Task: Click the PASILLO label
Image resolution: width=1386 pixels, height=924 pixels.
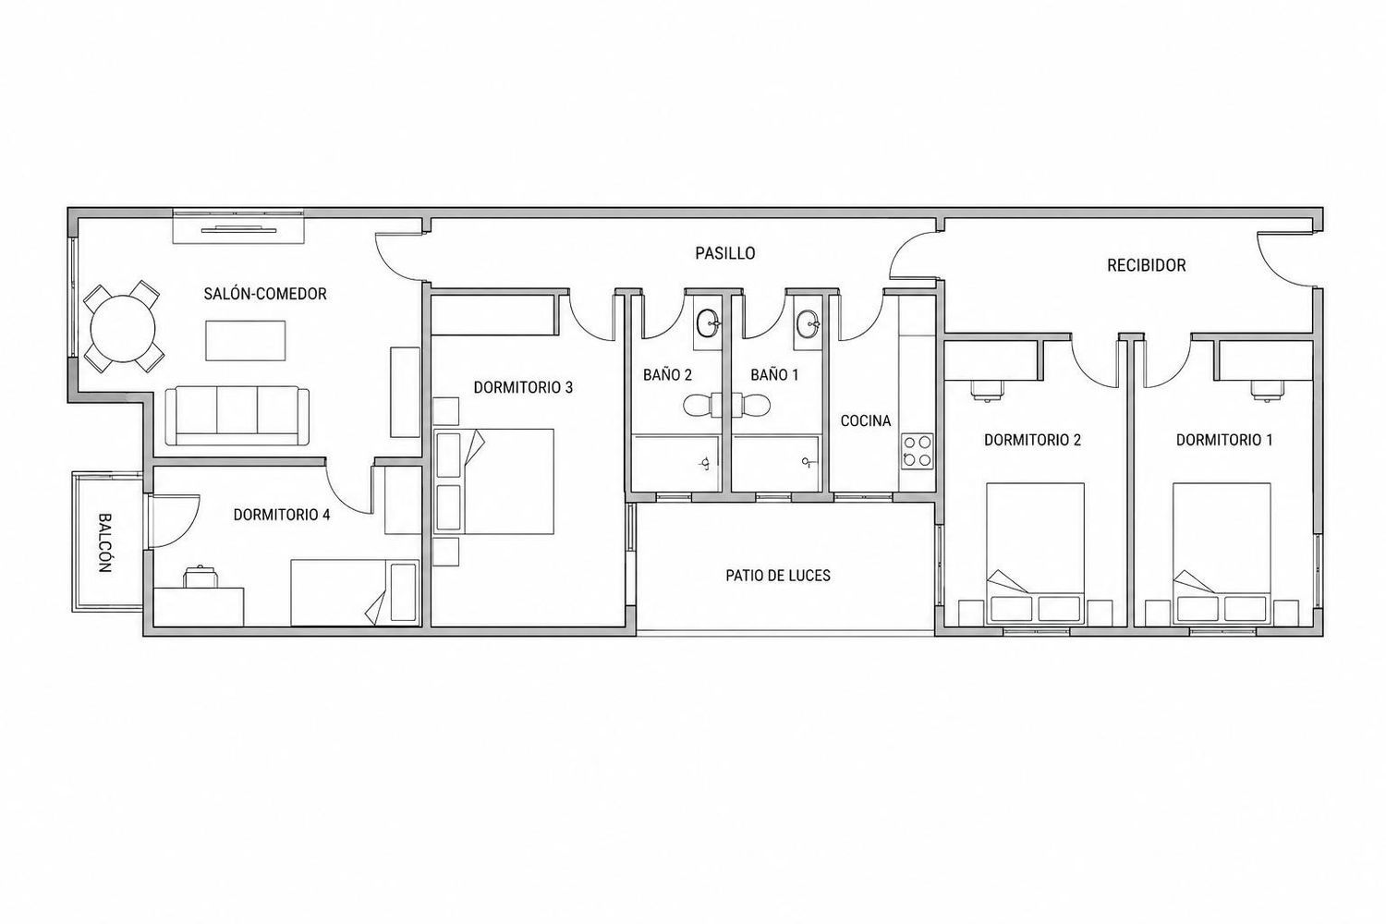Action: coord(725,253)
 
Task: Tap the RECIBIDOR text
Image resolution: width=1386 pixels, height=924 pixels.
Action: coord(1146,265)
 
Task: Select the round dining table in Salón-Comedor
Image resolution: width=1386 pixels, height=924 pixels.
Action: coord(123,329)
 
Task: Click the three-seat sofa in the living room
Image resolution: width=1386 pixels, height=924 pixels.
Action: coord(237,416)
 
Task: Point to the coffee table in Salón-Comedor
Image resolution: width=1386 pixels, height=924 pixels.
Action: coord(246,340)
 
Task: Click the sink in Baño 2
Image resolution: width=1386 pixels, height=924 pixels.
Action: coord(708,323)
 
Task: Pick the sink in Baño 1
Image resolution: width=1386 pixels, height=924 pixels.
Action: coord(808,323)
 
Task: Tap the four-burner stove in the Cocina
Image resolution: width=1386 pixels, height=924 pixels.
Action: coord(917,451)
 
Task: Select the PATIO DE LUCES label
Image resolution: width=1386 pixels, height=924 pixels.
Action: coord(778,576)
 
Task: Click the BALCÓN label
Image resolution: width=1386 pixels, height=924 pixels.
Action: coord(104,542)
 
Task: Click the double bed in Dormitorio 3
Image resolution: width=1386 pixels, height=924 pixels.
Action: coord(493,481)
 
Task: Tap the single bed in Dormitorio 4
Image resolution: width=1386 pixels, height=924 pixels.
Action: coord(355,593)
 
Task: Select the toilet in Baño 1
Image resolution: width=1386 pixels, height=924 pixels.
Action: coord(751,406)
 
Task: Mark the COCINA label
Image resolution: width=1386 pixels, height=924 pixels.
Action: coord(866,420)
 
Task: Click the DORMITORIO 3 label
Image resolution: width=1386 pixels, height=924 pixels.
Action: coord(523,387)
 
